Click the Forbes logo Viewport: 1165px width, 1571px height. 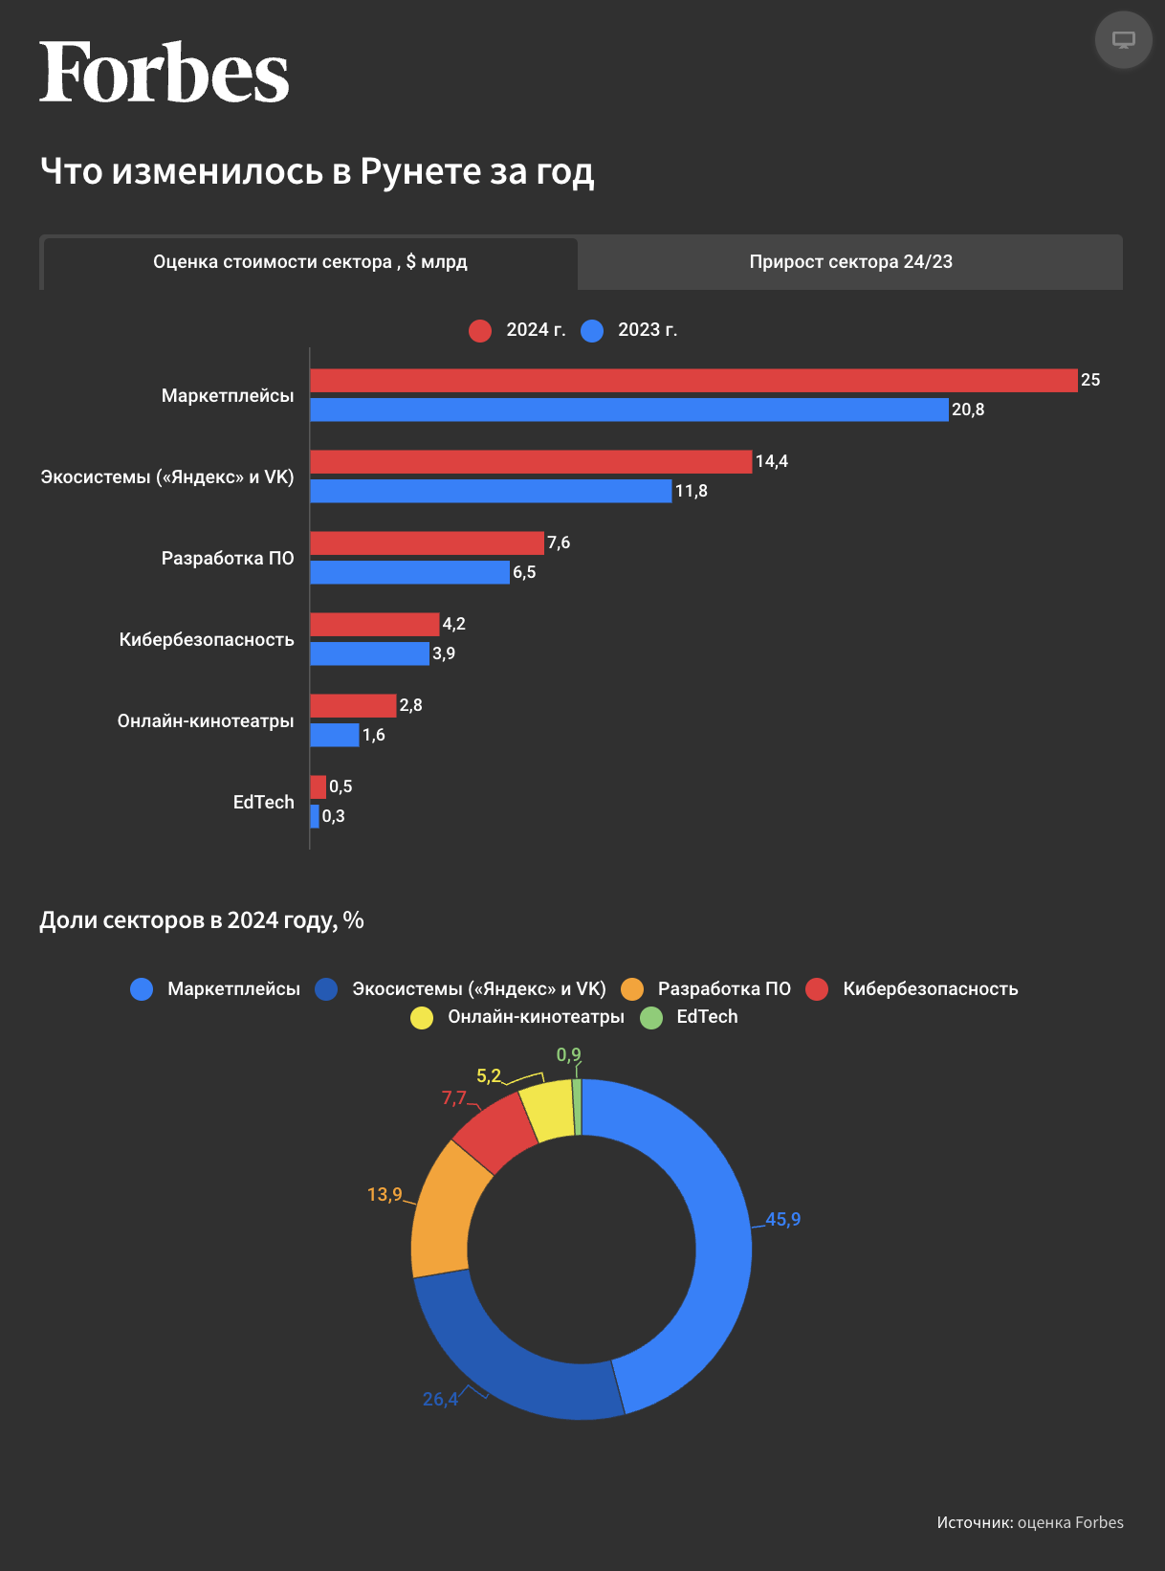coord(164,73)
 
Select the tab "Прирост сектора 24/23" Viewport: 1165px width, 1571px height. coord(850,262)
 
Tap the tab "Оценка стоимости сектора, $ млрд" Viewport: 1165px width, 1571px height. coord(310,262)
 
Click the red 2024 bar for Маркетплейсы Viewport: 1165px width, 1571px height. coord(693,381)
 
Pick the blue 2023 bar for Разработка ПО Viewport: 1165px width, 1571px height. coord(409,572)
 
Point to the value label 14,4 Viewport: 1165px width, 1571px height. coord(771,461)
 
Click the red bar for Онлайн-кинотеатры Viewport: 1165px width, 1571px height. coord(353,706)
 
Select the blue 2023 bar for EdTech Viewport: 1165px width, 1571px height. coord(315,816)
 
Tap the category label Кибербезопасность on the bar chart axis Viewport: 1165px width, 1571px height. coord(207,639)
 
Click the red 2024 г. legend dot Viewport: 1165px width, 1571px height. coord(480,330)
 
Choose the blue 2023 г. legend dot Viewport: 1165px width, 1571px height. coord(592,330)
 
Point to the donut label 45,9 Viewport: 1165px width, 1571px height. coord(782,1220)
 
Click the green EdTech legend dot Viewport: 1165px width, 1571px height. coord(651,1017)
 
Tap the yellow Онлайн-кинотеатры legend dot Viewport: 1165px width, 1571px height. coord(422,1017)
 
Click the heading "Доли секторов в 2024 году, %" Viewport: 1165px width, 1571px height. coord(202,920)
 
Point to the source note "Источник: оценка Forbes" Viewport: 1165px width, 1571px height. coord(1030,1522)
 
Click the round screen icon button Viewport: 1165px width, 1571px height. coord(1123,40)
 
